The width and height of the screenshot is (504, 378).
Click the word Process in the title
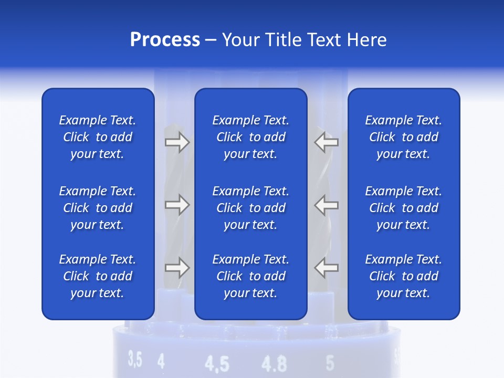165,40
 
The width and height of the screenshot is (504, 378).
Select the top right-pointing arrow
177,142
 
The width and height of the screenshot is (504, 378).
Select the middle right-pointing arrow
177,205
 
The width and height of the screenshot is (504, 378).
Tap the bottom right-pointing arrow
177,268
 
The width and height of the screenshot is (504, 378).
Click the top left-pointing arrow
326,142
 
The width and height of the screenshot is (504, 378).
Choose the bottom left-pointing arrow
326,268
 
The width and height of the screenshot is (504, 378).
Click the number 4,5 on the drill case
216,364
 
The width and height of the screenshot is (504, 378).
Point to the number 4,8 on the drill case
274,363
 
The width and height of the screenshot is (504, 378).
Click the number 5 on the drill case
330,362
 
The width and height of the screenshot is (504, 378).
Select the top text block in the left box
98,137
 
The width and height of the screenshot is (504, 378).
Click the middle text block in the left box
98,208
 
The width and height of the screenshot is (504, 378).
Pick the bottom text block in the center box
250,276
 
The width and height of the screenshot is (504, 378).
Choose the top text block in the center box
250,137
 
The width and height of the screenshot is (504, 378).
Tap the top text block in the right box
403,137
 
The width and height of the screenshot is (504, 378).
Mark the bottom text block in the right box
403,276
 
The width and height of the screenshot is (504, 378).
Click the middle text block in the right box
403,208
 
